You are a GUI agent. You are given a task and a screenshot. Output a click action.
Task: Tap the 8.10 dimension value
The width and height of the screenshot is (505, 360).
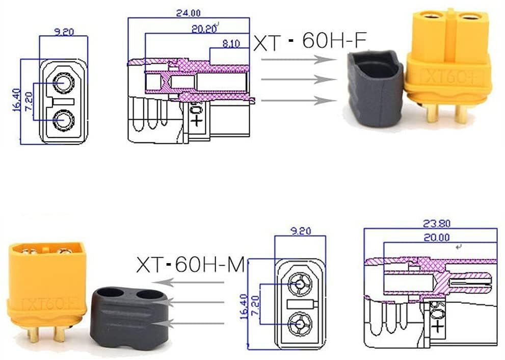[231, 44]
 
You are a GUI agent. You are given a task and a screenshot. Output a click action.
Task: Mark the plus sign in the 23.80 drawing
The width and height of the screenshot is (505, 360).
[437, 325]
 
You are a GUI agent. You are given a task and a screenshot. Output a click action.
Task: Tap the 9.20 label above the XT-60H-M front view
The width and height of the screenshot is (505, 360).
[300, 230]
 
